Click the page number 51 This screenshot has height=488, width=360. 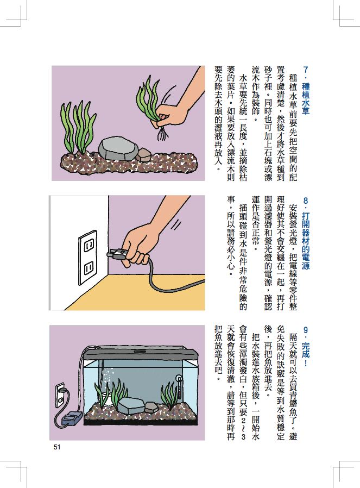pos(56,447)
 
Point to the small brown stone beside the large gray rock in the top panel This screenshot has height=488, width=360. pos(144,154)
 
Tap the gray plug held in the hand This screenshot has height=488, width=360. pos(117,254)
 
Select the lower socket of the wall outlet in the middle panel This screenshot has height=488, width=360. pos(89,268)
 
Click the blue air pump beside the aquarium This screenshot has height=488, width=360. pos(72,419)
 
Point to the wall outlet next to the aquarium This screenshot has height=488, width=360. pos(60,396)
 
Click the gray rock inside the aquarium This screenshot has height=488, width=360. pos(130,405)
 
